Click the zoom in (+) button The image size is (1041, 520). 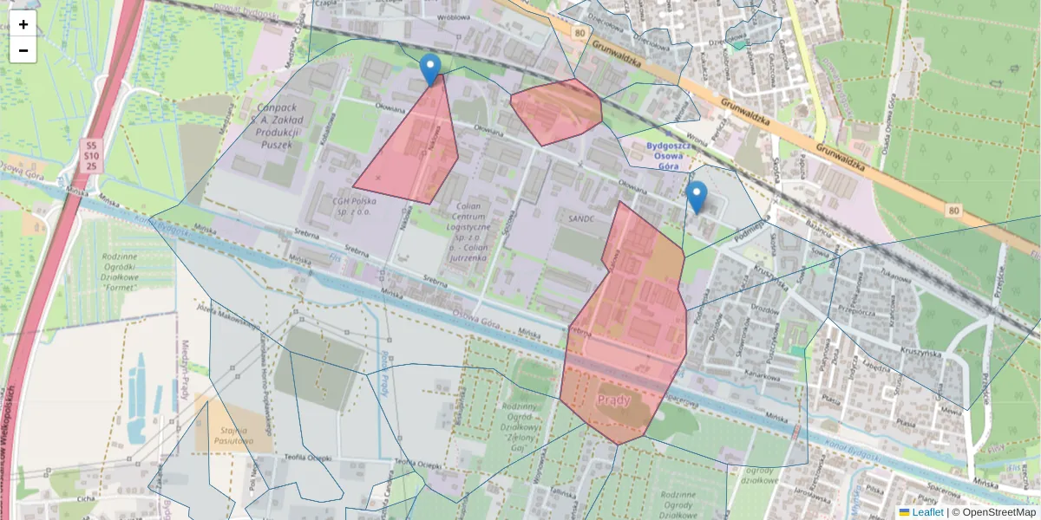tap(23, 24)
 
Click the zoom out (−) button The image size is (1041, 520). tap(23, 50)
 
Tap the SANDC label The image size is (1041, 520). tap(581, 218)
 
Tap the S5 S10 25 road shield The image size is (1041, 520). tap(91, 155)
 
